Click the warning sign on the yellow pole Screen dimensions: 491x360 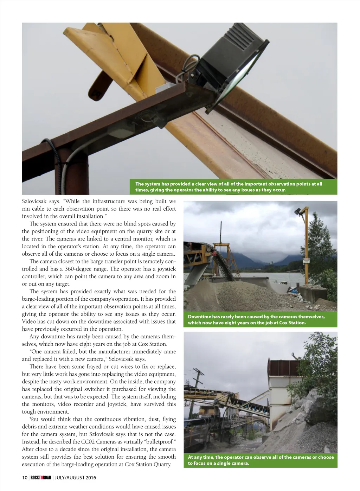[306, 260]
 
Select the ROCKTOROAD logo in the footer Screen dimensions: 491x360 [41, 478]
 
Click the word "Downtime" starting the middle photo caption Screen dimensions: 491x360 [199, 317]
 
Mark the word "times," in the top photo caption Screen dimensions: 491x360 [143, 190]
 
